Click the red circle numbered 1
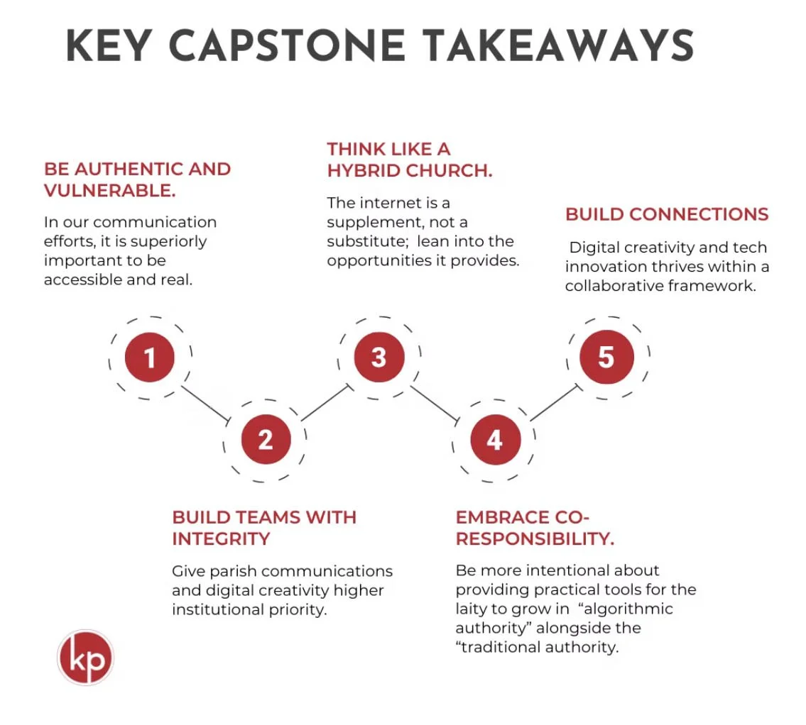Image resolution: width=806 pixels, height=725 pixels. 150,358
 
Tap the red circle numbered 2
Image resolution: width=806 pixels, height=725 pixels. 266,440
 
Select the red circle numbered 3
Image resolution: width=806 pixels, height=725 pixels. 379,357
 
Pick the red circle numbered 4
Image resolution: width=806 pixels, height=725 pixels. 495,440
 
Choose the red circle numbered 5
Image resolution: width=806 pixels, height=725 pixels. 606,357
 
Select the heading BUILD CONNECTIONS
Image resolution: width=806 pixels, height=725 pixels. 667,214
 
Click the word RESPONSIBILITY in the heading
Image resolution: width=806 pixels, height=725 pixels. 533,539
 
